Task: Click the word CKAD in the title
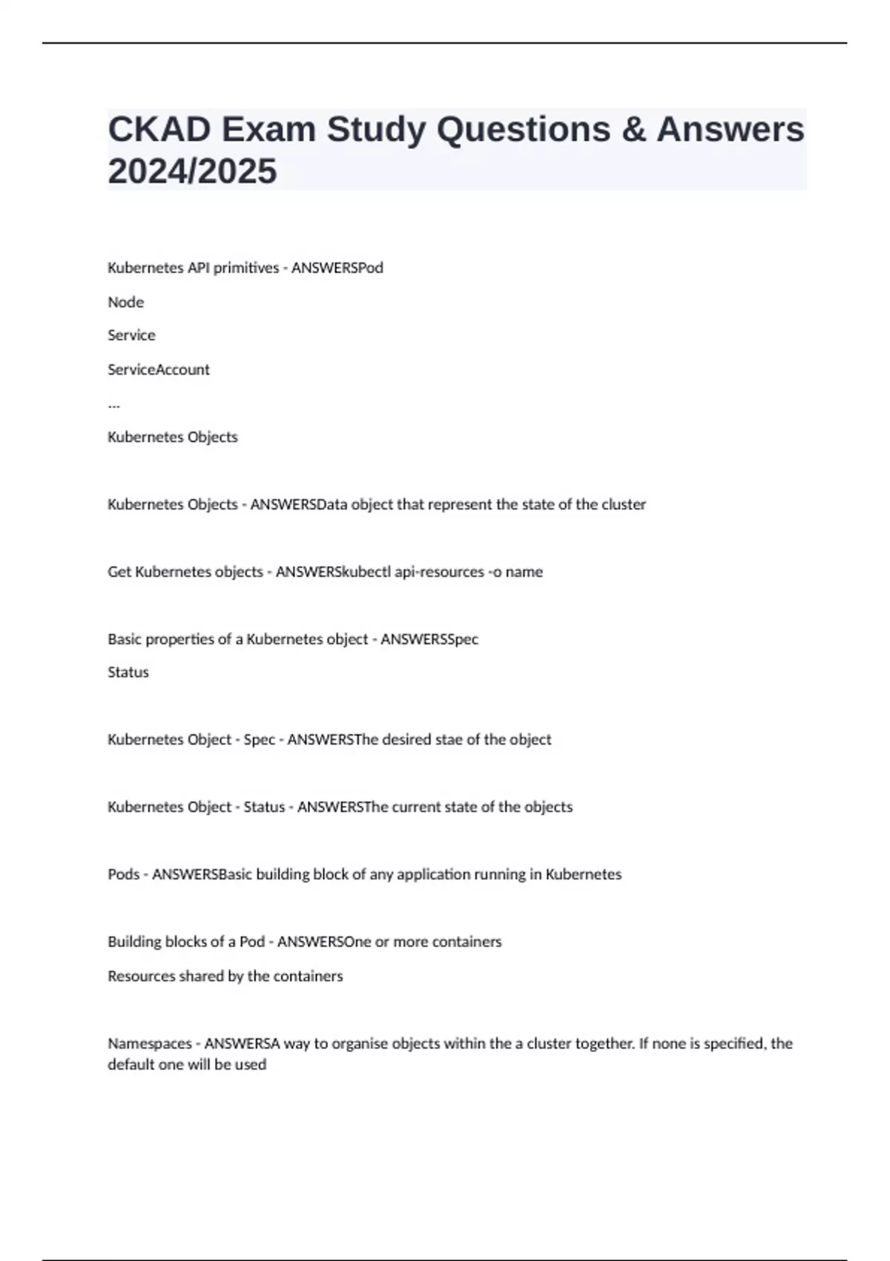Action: pyautogui.click(x=159, y=129)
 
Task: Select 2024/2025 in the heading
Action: pyautogui.click(x=192, y=171)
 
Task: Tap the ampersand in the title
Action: pyautogui.click(x=633, y=129)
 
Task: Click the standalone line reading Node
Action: pyautogui.click(x=125, y=302)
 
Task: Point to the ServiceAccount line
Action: pyautogui.click(x=158, y=369)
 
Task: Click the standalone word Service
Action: pyautogui.click(x=131, y=335)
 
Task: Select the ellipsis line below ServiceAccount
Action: pyautogui.click(x=113, y=404)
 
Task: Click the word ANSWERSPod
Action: pyautogui.click(x=337, y=268)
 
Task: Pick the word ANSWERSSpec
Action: pyautogui.click(x=429, y=639)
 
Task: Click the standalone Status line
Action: pyautogui.click(x=128, y=672)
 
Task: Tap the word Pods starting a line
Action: pyautogui.click(x=123, y=875)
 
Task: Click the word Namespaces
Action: pyautogui.click(x=148, y=1044)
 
